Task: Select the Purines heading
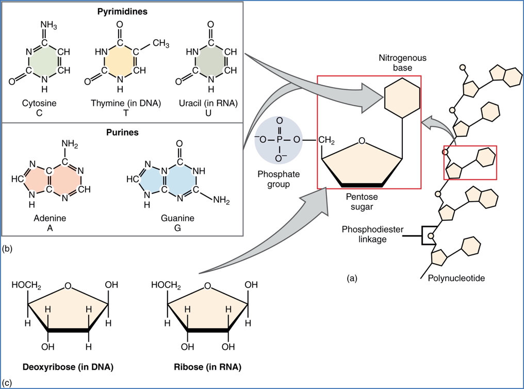tap(123, 133)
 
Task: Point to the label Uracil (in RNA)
tap(211, 103)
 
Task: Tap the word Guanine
tap(177, 218)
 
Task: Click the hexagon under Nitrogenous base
tap(402, 97)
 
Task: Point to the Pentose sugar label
tap(361, 202)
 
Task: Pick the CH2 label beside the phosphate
tap(327, 140)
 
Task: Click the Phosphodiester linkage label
tap(365, 234)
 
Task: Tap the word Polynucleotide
tap(456, 279)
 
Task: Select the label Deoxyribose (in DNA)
tap(68, 367)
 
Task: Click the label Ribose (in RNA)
tap(207, 367)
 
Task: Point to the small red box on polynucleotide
tap(470, 163)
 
